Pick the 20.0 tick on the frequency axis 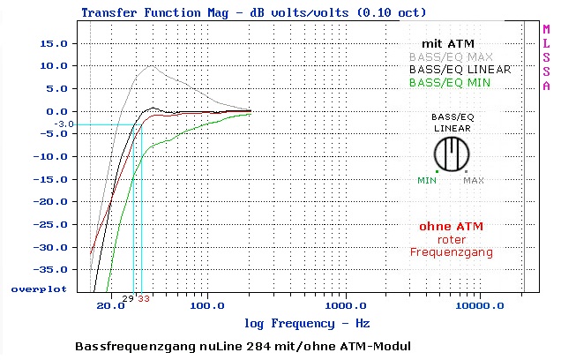point(110,307)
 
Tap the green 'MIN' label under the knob point(427,181)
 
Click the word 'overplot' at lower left point(38,289)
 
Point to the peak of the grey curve point(152,66)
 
